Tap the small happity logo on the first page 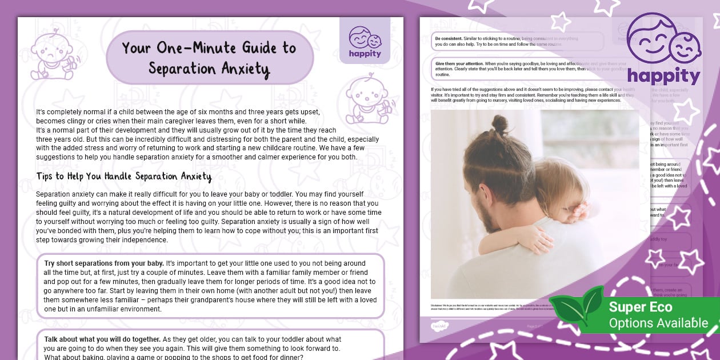365,41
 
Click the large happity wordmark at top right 663,77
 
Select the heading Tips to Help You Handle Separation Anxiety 124,176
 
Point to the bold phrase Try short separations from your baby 103,263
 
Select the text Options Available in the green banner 658,323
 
